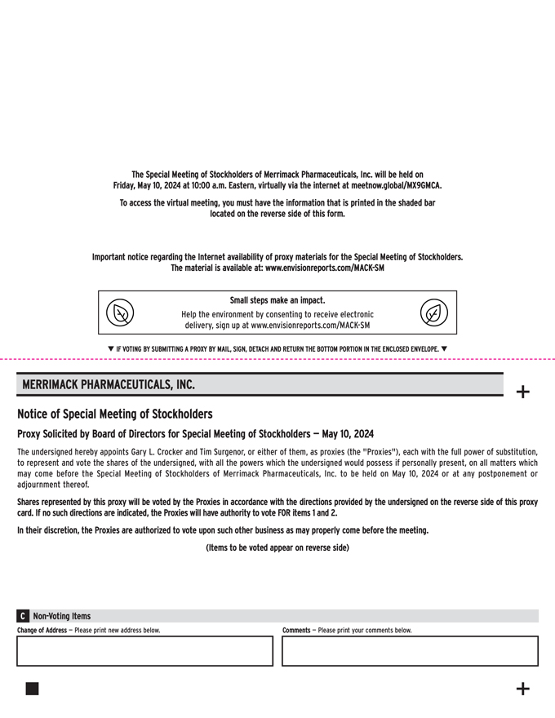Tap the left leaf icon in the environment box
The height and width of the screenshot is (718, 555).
(121, 312)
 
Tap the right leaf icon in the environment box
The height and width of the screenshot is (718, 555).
(434, 312)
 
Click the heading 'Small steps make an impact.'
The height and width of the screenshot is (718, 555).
(277, 300)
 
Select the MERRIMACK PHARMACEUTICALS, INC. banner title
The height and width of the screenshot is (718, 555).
(109, 384)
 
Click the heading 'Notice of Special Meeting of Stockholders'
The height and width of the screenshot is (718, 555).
(115, 414)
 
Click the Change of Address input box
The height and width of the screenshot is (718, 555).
(145, 651)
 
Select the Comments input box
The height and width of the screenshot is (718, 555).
(410, 651)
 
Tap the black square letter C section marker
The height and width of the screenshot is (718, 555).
(23, 616)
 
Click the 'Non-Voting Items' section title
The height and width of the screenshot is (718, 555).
(62, 616)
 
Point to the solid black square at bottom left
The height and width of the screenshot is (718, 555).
(32, 689)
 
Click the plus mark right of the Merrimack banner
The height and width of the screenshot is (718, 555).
(523, 392)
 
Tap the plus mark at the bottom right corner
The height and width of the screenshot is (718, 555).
(523, 689)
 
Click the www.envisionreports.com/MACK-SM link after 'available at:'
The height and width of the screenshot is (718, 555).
(325, 268)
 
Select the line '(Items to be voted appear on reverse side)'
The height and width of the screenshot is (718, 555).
(277, 547)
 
